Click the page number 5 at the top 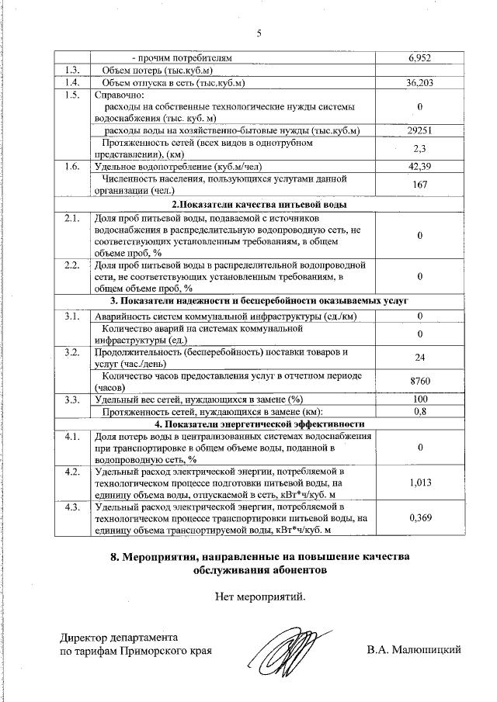pos(259,33)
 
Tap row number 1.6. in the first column pos(72,167)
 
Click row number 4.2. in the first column pos(72,471)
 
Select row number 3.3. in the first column pos(72,399)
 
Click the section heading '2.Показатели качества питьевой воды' pos(259,205)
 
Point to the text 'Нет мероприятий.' pos(259,597)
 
